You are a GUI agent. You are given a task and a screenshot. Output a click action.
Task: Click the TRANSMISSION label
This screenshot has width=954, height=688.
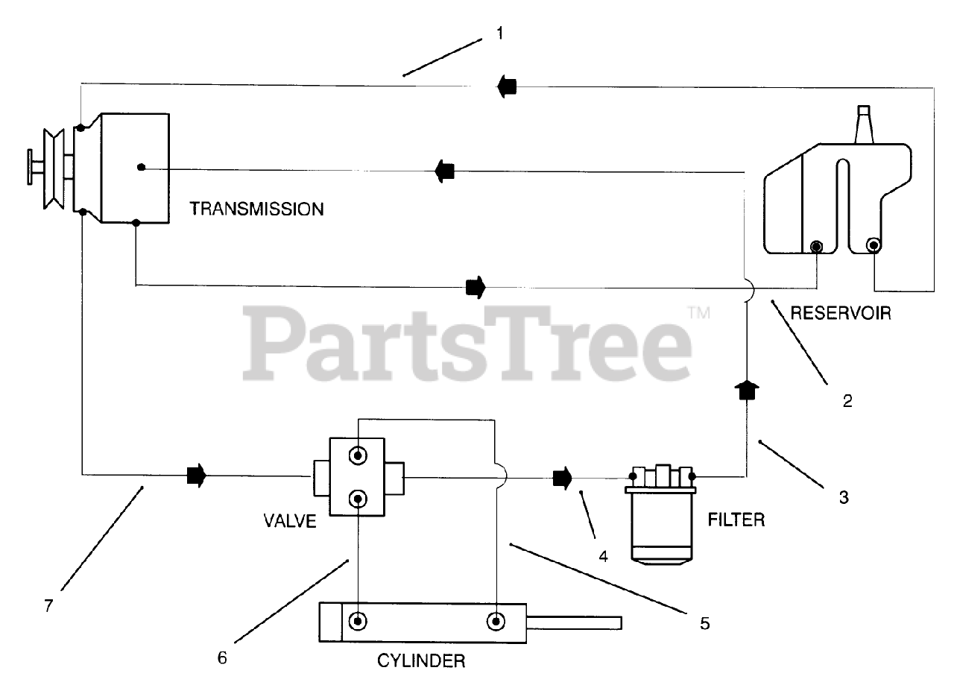click(256, 209)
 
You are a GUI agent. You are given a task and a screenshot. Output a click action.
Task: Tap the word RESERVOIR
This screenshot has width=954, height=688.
click(840, 313)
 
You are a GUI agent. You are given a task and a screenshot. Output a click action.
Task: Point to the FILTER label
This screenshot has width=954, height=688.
click(736, 519)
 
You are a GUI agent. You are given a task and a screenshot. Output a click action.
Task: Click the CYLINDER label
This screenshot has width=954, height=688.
click(421, 660)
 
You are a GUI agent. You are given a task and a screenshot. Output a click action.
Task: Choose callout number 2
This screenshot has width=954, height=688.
click(847, 402)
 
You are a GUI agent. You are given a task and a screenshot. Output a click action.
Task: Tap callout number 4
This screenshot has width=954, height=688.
click(604, 555)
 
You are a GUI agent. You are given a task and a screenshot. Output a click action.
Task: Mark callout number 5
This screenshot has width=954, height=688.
click(704, 622)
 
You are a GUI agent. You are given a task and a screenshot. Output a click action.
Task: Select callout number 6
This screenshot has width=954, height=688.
click(221, 658)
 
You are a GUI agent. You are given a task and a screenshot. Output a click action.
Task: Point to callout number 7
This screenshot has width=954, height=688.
click(48, 605)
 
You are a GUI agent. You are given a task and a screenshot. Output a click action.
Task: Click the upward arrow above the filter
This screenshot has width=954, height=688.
click(746, 389)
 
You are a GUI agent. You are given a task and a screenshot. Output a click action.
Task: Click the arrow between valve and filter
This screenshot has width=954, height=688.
click(562, 476)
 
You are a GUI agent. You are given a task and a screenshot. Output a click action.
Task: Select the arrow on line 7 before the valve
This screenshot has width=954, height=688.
click(196, 475)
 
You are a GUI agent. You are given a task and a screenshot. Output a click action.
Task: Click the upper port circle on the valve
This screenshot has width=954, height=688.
click(358, 455)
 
